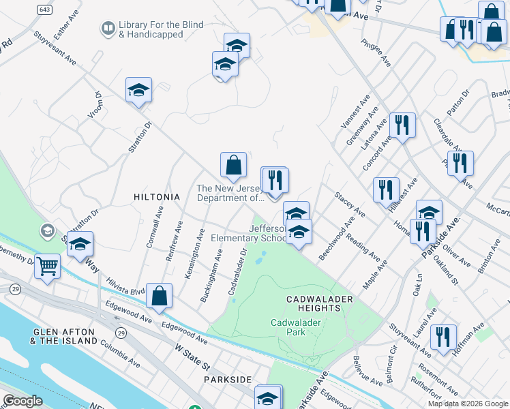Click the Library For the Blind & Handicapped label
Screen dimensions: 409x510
coord(160,29)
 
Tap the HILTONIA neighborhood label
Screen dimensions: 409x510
coord(157,197)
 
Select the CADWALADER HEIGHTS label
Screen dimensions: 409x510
coord(313,303)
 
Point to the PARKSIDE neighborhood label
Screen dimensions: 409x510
coord(228,379)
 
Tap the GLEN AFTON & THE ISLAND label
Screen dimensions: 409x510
coord(63,337)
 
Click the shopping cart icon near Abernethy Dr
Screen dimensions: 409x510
coord(48,266)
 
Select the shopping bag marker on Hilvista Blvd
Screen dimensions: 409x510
coord(159,296)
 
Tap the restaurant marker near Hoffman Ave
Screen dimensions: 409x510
coord(443,337)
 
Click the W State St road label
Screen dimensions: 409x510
coord(193,357)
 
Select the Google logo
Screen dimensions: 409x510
coord(22,401)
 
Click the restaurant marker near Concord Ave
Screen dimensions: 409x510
coord(402,125)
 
